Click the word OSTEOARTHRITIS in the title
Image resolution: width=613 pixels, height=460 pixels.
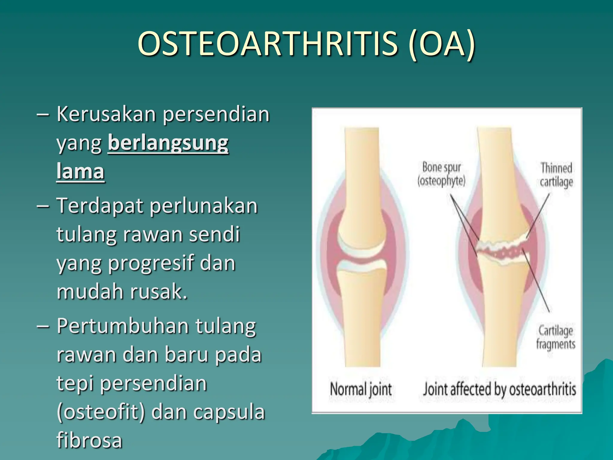click(x=268, y=44)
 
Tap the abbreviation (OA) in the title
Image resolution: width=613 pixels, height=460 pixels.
click(x=441, y=44)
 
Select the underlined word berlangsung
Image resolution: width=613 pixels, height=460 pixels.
click(x=168, y=143)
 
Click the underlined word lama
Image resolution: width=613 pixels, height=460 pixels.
click(x=80, y=172)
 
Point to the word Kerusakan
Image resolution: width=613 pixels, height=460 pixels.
click(x=106, y=114)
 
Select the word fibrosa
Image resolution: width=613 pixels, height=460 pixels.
click(x=89, y=440)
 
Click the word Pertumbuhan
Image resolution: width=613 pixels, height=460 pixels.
click(x=122, y=326)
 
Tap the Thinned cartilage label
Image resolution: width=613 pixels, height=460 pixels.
click(x=556, y=175)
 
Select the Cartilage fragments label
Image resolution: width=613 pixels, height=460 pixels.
click(x=556, y=338)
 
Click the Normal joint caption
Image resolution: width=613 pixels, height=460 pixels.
click(x=361, y=389)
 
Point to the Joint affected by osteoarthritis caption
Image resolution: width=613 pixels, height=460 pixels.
click(x=499, y=389)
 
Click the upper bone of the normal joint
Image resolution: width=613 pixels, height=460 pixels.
click(x=362, y=180)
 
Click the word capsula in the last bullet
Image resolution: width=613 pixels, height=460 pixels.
click(x=229, y=412)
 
